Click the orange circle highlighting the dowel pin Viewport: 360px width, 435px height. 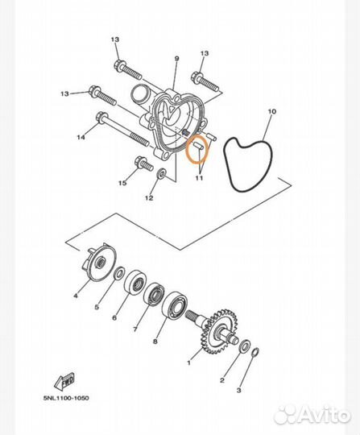(x=197, y=150)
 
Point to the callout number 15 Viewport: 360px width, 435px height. (x=122, y=184)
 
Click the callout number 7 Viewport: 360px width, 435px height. (x=134, y=329)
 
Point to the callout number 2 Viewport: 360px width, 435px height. (x=223, y=378)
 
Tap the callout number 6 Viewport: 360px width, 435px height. (x=114, y=318)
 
